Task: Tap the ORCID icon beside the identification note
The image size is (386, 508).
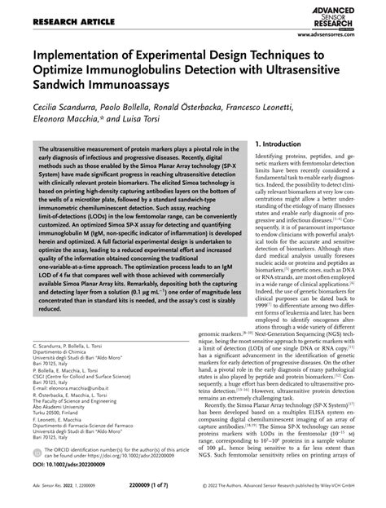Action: [38, 452]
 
